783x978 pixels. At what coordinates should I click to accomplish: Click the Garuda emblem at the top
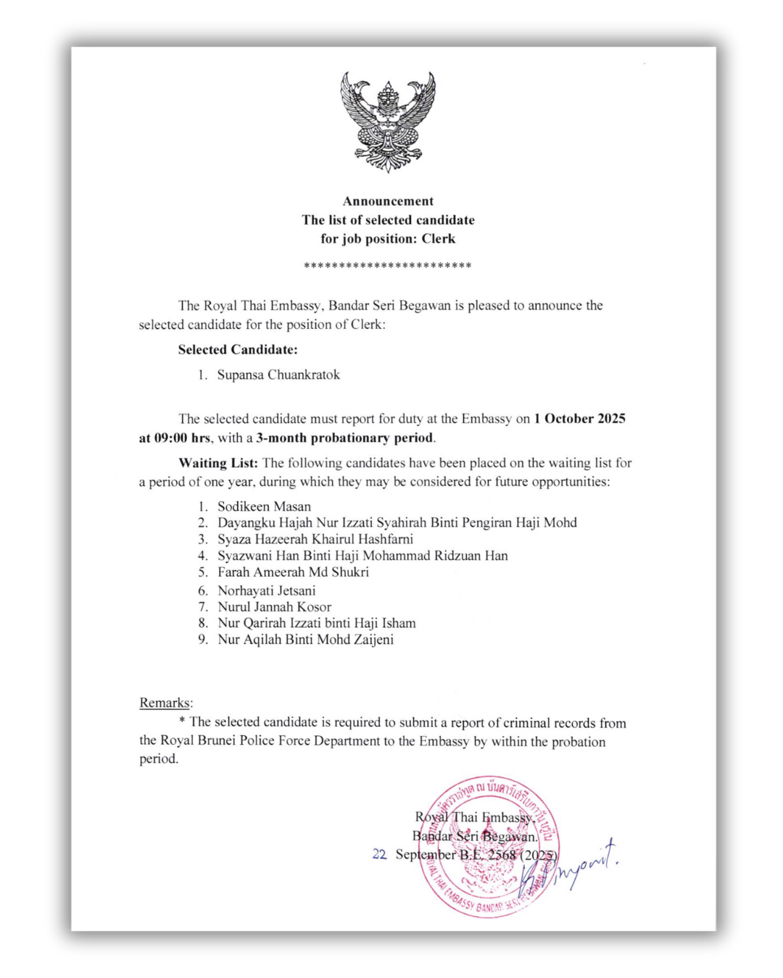coord(388,121)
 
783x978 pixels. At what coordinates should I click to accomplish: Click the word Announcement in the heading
coord(388,201)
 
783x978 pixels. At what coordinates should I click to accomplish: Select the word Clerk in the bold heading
coord(439,239)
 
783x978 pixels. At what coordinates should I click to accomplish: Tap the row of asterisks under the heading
coord(388,266)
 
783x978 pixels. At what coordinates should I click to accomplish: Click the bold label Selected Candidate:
coord(238,350)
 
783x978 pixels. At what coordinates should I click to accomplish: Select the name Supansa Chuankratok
coord(278,375)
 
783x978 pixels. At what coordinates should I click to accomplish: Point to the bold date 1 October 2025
coord(579,419)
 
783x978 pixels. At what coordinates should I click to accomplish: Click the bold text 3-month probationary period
coord(344,438)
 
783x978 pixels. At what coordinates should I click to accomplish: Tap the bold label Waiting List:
coord(217,463)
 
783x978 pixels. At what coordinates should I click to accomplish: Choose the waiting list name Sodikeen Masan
coord(264,506)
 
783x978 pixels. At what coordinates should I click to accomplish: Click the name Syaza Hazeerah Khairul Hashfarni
coord(315,539)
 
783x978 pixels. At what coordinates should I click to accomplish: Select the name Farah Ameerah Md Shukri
coord(293,572)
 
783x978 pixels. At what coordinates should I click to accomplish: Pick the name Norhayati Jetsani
coord(266,590)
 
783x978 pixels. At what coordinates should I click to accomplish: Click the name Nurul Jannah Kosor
coord(274,607)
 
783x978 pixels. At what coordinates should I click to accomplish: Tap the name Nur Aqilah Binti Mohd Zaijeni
coord(305,640)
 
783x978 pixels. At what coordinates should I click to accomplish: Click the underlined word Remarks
coord(165,703)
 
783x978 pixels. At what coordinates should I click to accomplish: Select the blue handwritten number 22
coord(379,855)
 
